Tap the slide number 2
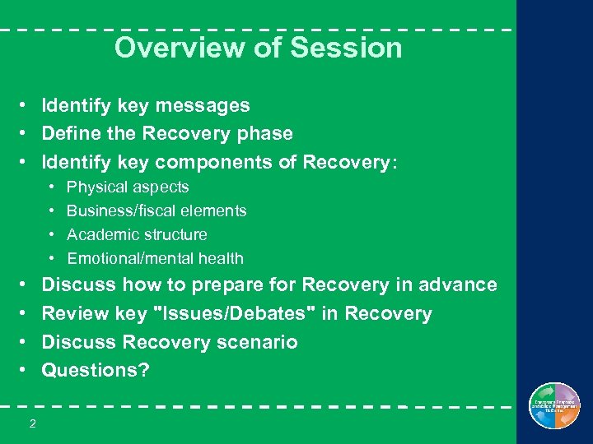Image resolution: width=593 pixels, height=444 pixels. (x=32, y=423)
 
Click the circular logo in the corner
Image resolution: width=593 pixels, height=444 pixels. (x=554, y=406)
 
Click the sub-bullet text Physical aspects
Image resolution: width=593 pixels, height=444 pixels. (x=128, y=187)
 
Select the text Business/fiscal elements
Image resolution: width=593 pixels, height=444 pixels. (x=156, y=211)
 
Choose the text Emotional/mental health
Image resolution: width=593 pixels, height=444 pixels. (x=155, y=259)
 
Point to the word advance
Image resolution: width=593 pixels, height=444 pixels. (x=457, y=285)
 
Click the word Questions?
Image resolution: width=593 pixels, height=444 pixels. (x=96, y=370)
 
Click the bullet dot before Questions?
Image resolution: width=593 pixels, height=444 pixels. (x=26, y=370)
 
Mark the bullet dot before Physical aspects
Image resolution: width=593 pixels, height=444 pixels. (x=51, y=187)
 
